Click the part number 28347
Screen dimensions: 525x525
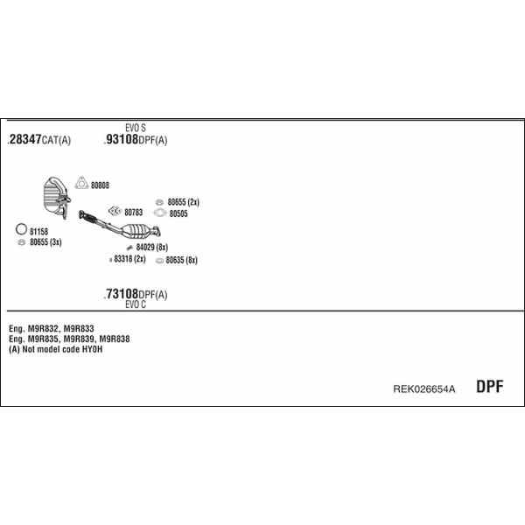tap(25, 139)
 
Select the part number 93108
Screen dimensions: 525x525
tap(122, 139)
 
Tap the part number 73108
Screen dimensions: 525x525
tap(122, 294)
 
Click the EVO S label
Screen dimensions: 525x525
tap(136, 128)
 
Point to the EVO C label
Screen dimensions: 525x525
tap(136, 304)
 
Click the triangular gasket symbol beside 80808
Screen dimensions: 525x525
tap(81, 183)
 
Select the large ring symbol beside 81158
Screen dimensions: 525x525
tap(21, 229)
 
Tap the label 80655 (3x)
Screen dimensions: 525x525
tap(45, 242)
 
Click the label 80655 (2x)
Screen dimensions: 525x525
tap(184, 202)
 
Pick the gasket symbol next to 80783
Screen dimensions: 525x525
tap(115, 211)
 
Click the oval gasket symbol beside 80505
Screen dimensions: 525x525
tap(160, 213)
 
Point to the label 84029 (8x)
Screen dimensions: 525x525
tap(152, 247)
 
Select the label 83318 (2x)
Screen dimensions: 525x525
tap(129, 259)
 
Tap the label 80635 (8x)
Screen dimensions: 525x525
tap(182, 260)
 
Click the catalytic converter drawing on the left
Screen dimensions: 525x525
tap(57, 198)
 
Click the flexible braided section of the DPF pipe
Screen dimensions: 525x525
tap(88, 218)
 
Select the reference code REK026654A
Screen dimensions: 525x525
tap(424, 389)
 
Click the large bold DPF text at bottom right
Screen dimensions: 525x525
tap(490, 387)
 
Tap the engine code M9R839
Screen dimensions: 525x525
tap(79, 339)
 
